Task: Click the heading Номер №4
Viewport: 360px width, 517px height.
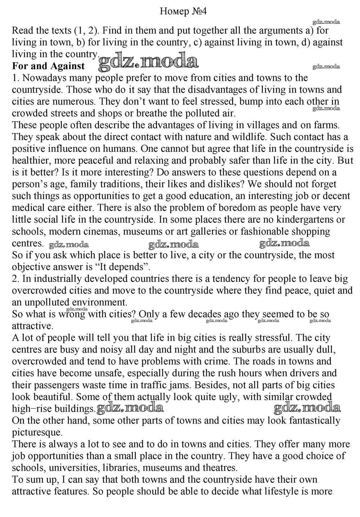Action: click(x=183, y=12)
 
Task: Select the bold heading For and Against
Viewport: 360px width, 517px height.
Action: click(x=48, y=66)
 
